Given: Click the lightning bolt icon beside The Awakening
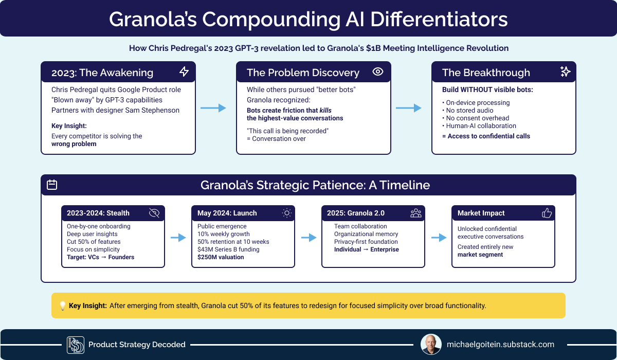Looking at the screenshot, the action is click(x=184, y=71).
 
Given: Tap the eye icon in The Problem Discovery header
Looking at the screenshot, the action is click(x=377, y=71).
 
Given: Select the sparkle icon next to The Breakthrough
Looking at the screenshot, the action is click(x=565, y=71).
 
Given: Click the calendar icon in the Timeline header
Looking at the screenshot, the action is click(x=52, y=185).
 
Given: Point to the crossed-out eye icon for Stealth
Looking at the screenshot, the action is click(x=154, y=213).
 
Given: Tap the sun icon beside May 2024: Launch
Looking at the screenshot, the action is click(x=287, y=213).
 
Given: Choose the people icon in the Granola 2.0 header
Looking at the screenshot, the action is click(x=416, y=213).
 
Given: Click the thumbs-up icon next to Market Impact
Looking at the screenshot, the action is click(x=547, y=213).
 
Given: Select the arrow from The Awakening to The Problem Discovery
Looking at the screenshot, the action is click(x=213, y=108).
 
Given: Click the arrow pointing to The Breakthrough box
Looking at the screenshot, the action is click(x=408, y=108).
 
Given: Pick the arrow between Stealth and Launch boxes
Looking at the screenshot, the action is click(x=178, y=238).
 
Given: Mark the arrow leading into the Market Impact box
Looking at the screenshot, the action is click(x=439, y=238).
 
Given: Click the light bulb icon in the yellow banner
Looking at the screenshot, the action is click(x=63, y=305).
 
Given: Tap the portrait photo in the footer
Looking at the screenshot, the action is click(x=431, y=344).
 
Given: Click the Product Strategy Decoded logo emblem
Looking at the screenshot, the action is click(x=76, y=345).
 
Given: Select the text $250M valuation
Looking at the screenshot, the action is click(x=221, y=257).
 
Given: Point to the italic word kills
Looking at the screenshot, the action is click(x=325, y=110).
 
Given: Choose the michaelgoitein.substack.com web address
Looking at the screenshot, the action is click(x=500, y=344).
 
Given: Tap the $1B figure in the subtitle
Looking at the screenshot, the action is click(x=373, y=48).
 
